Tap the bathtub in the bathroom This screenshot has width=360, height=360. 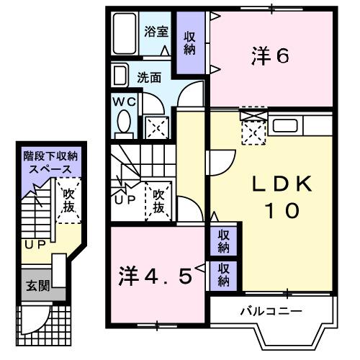pos(127,35)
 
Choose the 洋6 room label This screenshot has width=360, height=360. pos(271,56)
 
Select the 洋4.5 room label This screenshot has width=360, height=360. pos(156,276)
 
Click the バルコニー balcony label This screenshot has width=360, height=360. pos(271,311)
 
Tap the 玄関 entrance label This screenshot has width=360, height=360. pos(38,285)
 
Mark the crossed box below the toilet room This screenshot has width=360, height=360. pos(156,127)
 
